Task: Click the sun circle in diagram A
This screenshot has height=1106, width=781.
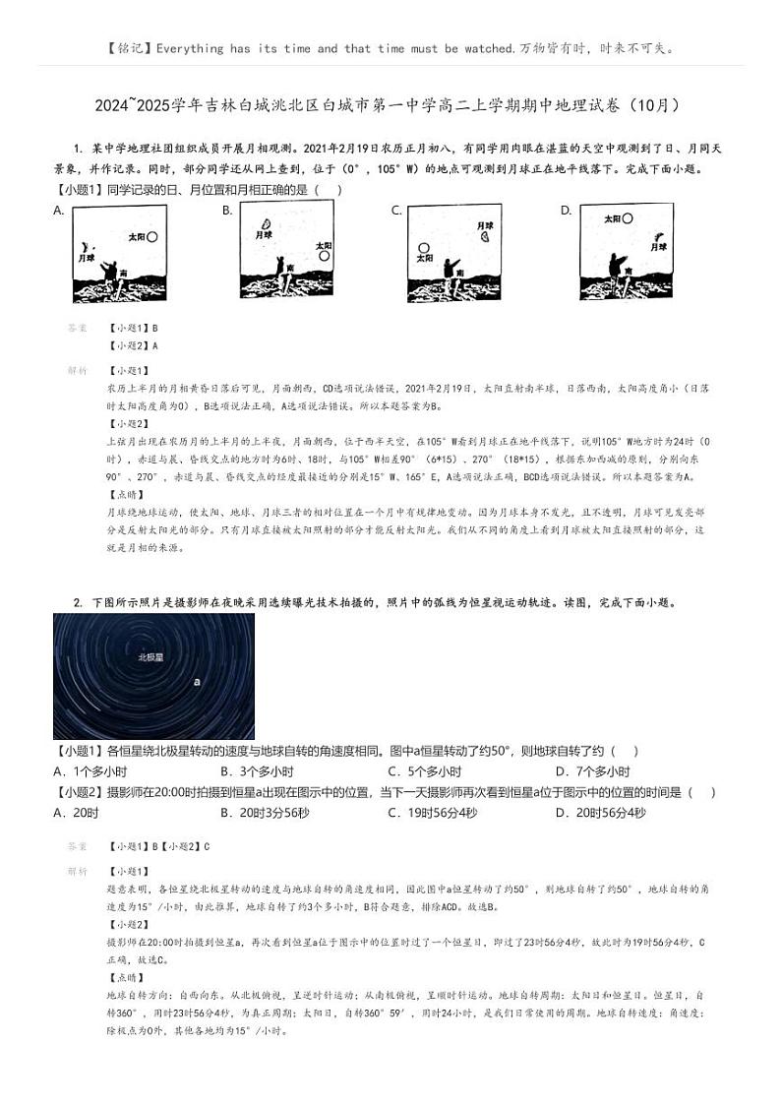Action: point(152,237)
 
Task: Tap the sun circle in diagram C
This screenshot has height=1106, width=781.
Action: point(424,249)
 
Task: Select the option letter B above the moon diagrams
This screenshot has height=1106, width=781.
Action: point(227,210)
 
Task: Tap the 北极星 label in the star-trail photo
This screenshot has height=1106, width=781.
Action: point(150,655)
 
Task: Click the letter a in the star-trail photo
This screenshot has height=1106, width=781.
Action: point(197,680)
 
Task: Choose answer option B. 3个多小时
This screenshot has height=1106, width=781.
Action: point(257,771)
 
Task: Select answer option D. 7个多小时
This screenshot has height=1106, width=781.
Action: point(592,771)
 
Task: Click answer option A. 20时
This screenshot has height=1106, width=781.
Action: point(76,812)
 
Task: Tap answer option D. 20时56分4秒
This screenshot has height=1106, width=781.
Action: point(600,812)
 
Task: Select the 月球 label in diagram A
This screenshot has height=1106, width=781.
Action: point(87,258)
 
